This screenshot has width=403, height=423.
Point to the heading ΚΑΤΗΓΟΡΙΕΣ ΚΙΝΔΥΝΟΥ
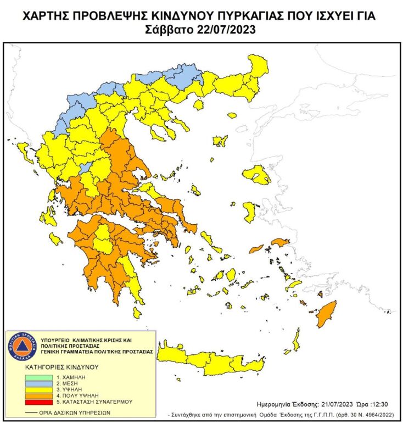point(61,366)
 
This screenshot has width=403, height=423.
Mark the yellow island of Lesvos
point(256,175)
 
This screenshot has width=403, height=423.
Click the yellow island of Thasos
point(199,104)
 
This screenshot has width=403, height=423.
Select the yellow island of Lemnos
point(220,141)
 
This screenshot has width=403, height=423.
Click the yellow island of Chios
point(249,211)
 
